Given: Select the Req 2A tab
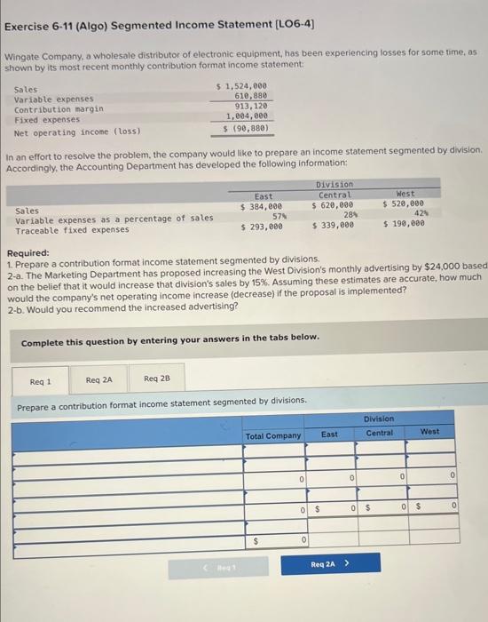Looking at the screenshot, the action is (98, 381).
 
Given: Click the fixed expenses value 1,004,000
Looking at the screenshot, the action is (248, 116).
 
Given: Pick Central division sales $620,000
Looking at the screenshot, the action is (333, 205).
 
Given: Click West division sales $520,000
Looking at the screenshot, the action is (405, 205).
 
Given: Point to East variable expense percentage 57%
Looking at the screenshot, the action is (274, 215).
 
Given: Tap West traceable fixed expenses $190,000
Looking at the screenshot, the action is (405, 225).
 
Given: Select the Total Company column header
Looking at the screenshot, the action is (273, 435).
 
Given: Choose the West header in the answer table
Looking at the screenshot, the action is (429, 432).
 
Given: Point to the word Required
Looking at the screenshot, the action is (29, 252).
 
